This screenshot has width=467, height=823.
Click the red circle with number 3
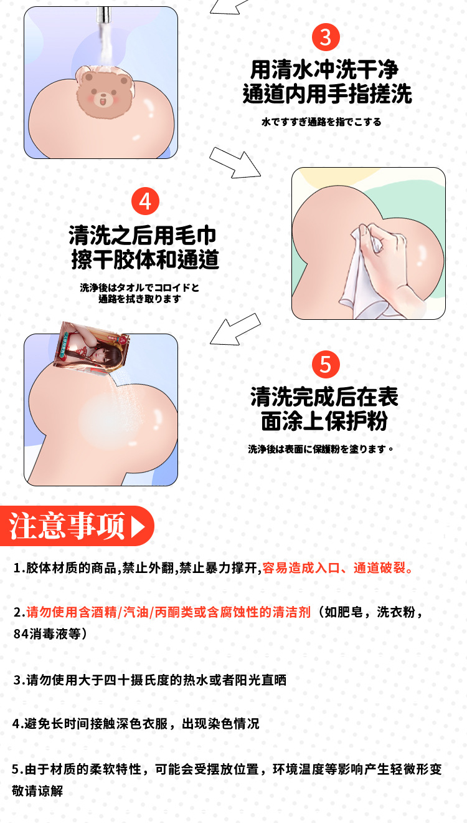(x=326, y=37)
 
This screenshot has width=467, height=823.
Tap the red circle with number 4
(x=145, y=201)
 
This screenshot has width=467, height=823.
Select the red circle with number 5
(x=326, y=365)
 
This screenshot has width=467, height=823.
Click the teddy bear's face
(x=104, y=92)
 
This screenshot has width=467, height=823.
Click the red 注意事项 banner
(x=77, y=526)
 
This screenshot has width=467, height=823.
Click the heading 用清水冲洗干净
(x=324, y=69)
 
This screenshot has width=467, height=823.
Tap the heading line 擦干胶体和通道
(x=145, y=259)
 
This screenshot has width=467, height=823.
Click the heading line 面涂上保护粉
(x=324, y=421)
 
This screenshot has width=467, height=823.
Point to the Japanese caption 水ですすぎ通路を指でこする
(x=321, y=122)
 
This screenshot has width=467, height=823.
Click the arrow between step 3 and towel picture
(x=235, y=163)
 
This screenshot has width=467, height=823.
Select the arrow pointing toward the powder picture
(x=235, y=329)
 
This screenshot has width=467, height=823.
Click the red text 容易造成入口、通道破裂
(x=337, y=568)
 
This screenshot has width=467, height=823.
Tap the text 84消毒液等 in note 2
(x=50, y=634)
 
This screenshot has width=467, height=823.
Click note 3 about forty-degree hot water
(x=149, y=680)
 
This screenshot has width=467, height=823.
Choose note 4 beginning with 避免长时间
(x=136, y=724)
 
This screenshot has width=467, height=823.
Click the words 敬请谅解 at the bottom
(x=37, y=791)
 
